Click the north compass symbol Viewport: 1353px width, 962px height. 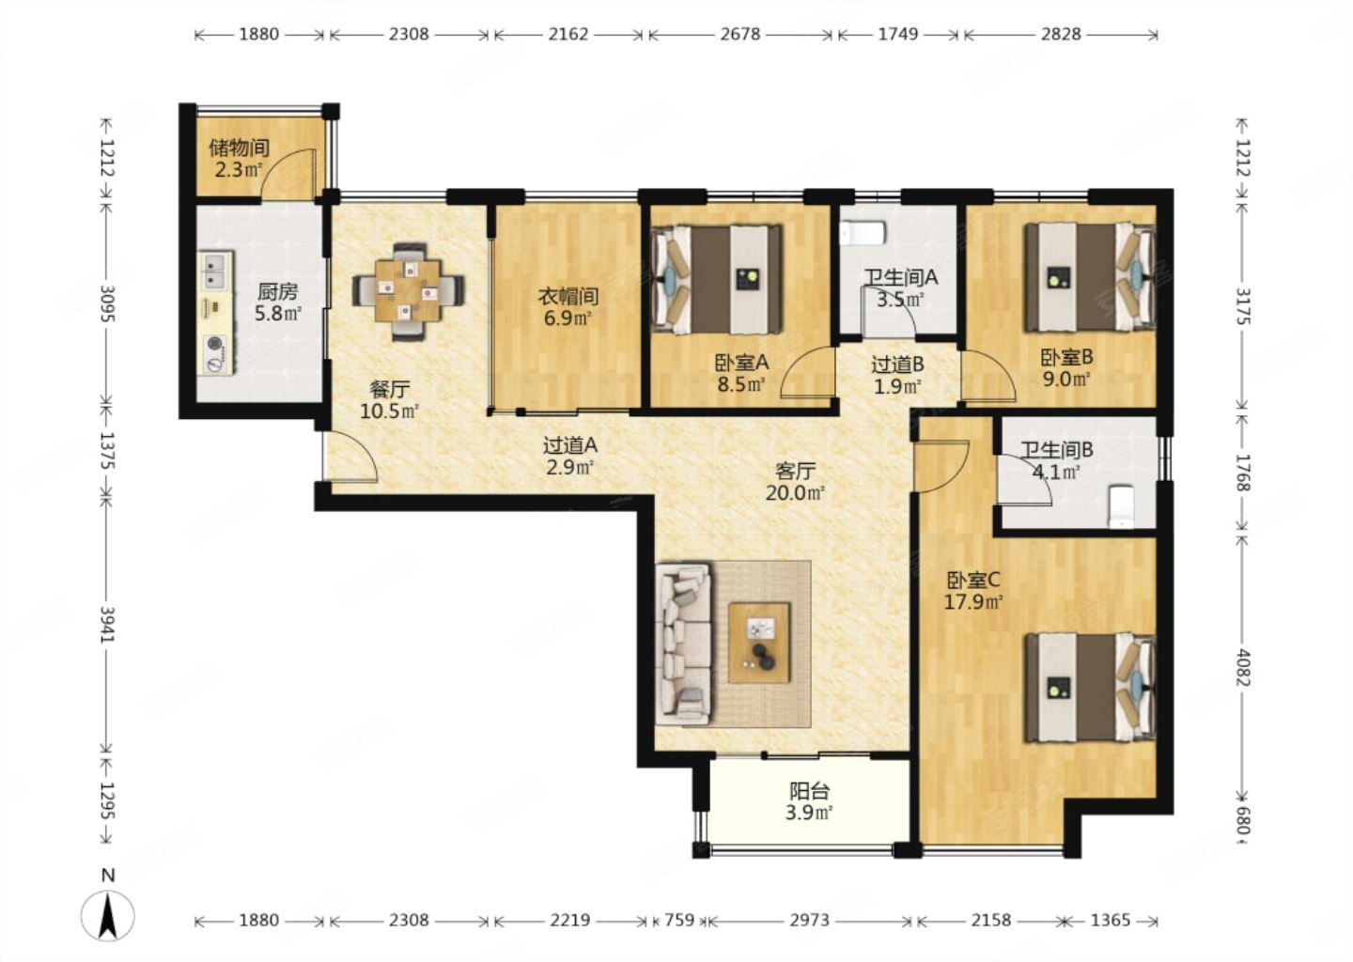[x=107, y=908]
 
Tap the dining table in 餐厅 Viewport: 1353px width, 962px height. [x=409, y=290]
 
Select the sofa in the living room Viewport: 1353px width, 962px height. [x=683, y=645]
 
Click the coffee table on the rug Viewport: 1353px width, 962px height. [x=759, y=643]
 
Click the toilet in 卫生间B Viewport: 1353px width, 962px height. [x=1122, y=506]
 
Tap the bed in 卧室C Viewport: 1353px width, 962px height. [x=1090, y=688]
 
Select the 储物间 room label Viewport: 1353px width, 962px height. [x=239, y=147]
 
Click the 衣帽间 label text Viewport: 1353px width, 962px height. [x=568, y=296]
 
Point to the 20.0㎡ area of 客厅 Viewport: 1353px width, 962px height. [x=795, y=493]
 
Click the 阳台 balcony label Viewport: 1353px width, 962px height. [x=809, y=790]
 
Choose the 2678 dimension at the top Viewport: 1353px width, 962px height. [x=740, y=35]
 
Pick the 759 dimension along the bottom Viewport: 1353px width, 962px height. [x=679, y=921]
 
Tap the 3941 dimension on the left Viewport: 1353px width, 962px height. [x=107, y=625]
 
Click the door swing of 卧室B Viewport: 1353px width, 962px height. [x=988, y=377]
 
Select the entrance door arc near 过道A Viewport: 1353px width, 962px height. [x=351, y=457]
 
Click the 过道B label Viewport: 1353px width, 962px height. [x=897, y=365]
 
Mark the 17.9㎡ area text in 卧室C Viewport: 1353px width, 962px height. [x=973, y=602]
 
